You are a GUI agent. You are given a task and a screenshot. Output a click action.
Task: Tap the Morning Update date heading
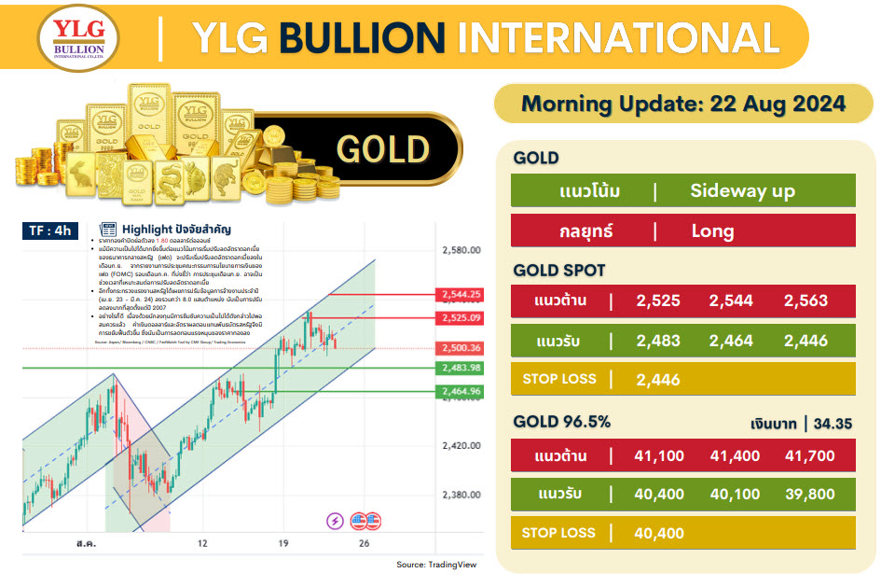tap(682, 103)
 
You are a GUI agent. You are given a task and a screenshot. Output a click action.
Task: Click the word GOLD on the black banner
tap(382, 149)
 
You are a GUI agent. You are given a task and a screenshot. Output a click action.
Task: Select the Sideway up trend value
tap(742, 191)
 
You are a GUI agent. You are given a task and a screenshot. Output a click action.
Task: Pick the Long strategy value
tap(713, 231)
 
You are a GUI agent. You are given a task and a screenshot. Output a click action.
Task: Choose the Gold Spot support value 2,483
tap(657, 341)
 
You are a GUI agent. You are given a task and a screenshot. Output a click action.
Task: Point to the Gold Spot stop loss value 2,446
tap(657, 380)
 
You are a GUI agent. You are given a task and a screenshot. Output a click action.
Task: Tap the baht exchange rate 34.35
tap(833, 425)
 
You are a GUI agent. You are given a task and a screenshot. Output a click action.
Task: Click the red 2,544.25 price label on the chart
tap(461, 294)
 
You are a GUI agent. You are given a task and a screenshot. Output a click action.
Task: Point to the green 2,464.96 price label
tap(461, 391)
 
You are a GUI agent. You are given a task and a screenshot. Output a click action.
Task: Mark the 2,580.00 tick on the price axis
tap(461, 250)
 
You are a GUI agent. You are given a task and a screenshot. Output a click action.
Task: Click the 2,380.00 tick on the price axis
tap(461, 495)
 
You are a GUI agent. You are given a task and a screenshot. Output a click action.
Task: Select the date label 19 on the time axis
tap(282, 542)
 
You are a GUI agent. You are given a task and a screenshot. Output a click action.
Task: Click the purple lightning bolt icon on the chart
tap(334, 521)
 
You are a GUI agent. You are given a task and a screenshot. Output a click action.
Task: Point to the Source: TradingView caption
tap(437, 565)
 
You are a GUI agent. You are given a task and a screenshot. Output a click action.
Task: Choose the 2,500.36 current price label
tap(461, 348)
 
